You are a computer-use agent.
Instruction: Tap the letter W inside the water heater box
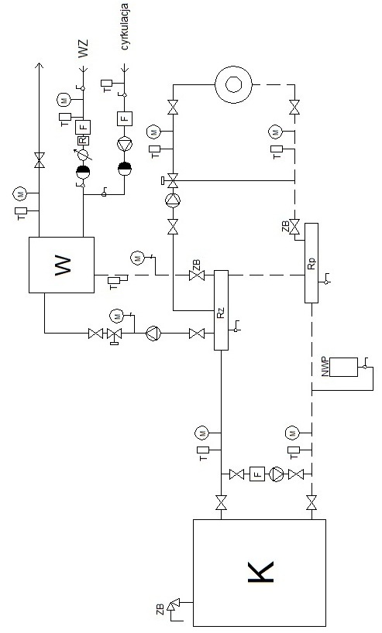62,265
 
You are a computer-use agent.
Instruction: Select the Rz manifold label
221,313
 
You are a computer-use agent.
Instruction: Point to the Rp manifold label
311,263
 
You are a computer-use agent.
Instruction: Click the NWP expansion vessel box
343,367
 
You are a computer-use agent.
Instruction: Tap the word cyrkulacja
125,27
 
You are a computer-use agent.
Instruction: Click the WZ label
82,49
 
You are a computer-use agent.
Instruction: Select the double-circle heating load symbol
233,85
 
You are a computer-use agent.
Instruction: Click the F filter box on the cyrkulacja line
125,118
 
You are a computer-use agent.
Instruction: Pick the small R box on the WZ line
82,141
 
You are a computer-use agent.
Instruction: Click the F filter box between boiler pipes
257,474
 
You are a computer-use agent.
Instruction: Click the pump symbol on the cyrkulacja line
125,144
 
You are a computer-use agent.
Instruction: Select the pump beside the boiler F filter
277,474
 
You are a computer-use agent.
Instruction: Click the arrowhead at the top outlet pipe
39,66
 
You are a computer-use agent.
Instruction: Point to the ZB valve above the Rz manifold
197,275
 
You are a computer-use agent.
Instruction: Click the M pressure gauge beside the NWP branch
291,433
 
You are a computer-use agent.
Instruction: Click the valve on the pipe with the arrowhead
40,160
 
